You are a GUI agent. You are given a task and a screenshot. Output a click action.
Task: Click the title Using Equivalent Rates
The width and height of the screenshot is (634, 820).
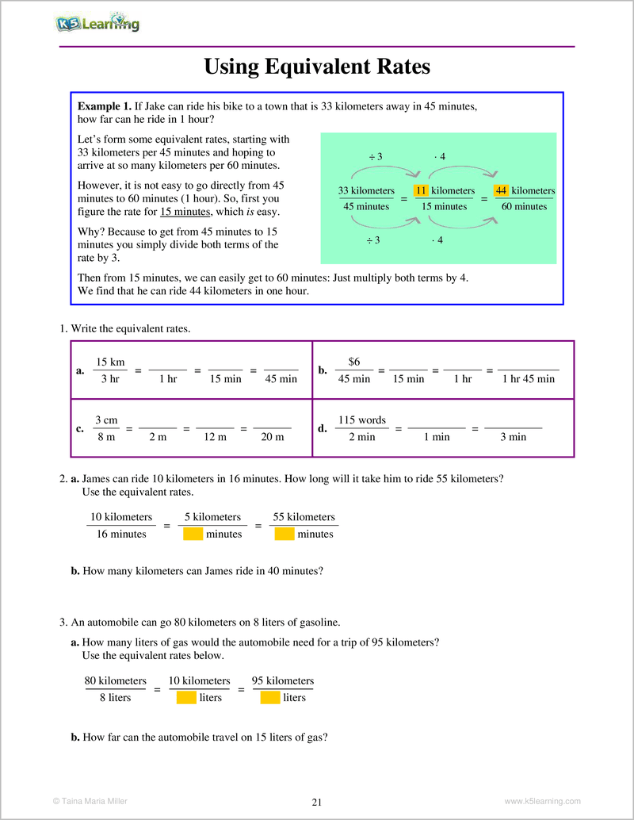pos(317,67)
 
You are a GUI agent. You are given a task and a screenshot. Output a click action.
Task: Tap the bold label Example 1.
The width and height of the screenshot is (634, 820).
pos(104,106)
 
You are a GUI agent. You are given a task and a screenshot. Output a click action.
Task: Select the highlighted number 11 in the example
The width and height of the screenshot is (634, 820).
pos(421,190)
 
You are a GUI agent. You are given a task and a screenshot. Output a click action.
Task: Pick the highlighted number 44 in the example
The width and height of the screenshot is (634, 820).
pos(501,190)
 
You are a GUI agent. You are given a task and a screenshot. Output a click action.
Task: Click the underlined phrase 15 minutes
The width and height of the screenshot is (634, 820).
pos(185,212)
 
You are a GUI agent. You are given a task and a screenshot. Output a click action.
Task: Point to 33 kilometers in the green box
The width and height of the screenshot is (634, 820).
pos(366,190)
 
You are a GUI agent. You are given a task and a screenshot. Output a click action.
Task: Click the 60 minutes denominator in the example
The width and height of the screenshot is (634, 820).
pos(524,206)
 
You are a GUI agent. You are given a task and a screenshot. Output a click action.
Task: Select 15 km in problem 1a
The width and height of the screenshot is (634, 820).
pos(110,362)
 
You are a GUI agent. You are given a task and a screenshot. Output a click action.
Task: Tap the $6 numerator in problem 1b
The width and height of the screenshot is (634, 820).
pos(354,362)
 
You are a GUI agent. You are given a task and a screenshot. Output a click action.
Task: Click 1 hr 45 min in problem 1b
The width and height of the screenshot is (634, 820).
pos(529,379)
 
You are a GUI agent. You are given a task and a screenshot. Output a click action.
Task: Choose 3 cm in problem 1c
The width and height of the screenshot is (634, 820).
pos(106,420)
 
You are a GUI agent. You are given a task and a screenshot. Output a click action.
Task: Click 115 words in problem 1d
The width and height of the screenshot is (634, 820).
pos(361,420)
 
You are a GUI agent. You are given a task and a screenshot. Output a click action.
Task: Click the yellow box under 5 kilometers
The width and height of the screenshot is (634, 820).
pos(193,534)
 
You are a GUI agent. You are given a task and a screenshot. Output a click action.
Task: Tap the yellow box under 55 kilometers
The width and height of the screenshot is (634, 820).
pos(285,534)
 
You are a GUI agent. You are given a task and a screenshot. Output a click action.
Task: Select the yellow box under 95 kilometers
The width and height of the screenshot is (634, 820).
pos(270,697)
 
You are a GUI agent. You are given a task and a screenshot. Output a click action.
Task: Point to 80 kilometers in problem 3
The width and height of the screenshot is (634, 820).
pos(116,680)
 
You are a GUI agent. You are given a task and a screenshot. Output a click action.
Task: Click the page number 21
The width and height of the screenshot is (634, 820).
pos(317,802)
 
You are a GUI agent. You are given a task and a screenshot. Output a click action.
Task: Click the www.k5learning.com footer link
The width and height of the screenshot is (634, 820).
pos(542,801)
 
